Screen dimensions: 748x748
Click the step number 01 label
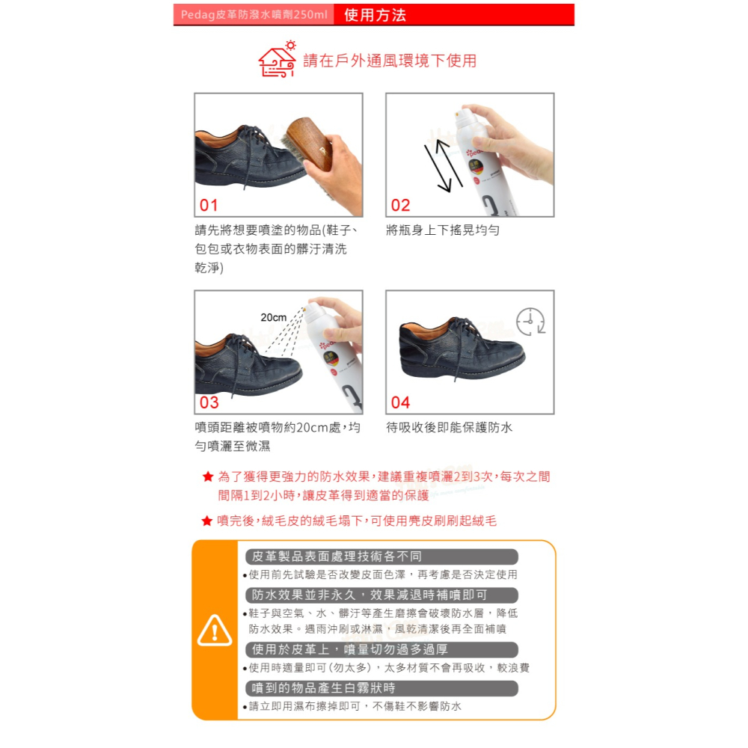[209, 206]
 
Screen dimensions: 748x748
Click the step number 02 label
[400, 206]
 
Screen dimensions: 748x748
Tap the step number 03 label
[209, 402]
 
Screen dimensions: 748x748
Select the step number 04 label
[400, 402]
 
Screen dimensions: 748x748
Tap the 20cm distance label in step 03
[273, 318]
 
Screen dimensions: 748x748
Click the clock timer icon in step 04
[530, 321]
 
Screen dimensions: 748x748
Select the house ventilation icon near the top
[277, 59]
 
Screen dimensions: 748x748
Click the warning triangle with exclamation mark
[215, 631]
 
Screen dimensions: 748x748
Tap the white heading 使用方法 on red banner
[375, 15]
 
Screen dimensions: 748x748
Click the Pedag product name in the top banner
[254, 15]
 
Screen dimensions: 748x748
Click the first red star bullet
[208, 476]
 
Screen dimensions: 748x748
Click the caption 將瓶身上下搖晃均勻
[443, 230]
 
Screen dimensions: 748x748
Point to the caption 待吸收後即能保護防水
[450, 428]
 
